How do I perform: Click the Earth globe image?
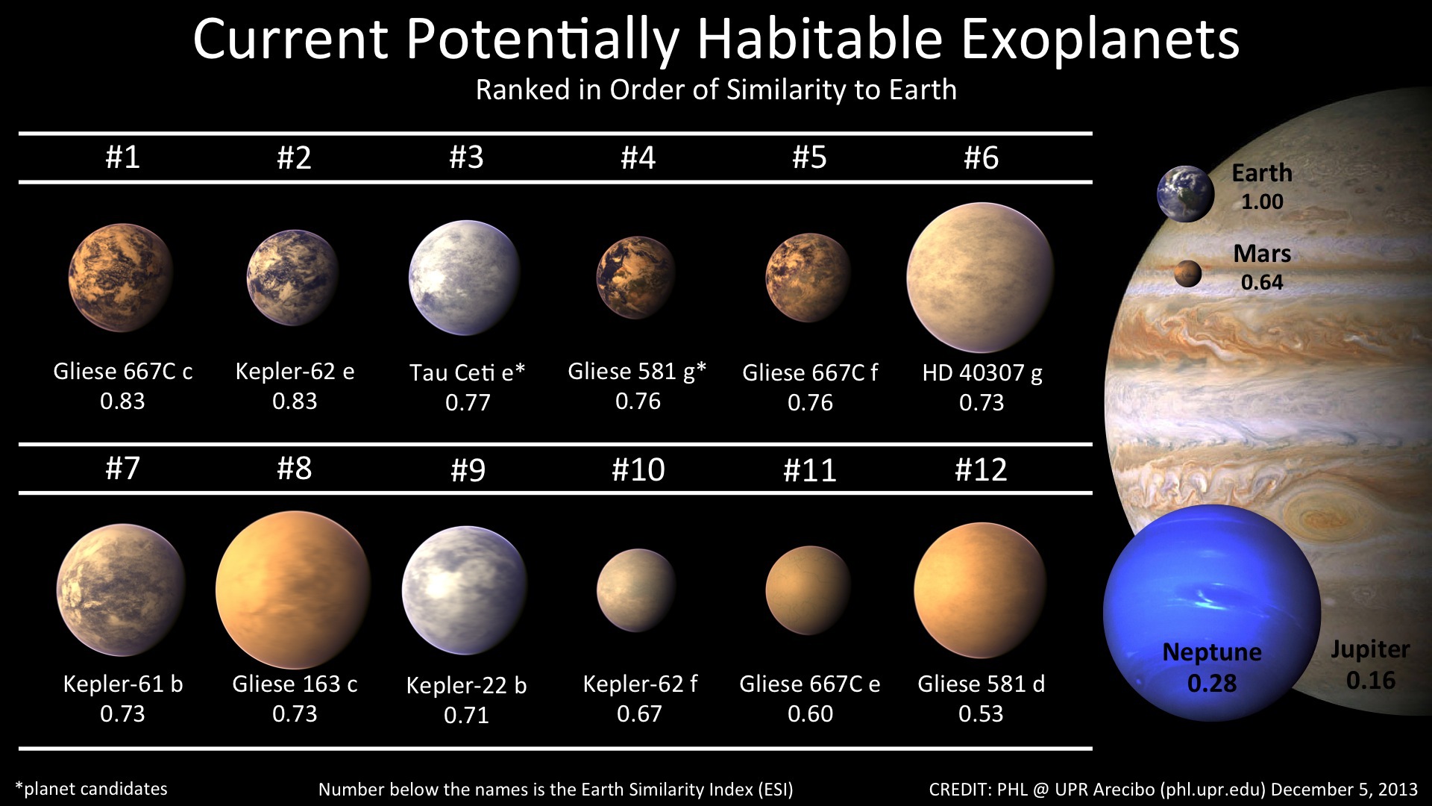tap(1185, 194)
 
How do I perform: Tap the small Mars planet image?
tap(1188, 274)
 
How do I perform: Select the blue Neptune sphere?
tap(1212, 613)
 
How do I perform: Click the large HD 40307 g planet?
tap(981, 278)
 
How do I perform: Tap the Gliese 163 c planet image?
tap(293, 590)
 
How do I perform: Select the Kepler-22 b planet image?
tap(465, 590)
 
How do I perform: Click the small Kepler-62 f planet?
tap(637, 590)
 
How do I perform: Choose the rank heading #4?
tap(638, 157)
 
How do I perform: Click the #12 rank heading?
tap(981, 469)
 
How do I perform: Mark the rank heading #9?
tap(468, 470)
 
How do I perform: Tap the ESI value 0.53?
tap(981, 714)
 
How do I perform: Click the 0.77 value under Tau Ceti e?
tap(468, 403)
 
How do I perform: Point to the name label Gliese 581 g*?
tap(637, 372)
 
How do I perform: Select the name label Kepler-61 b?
tap(123, 684)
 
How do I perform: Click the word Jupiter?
tap(1370, 650)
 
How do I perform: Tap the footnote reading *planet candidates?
tap(91, 790)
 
